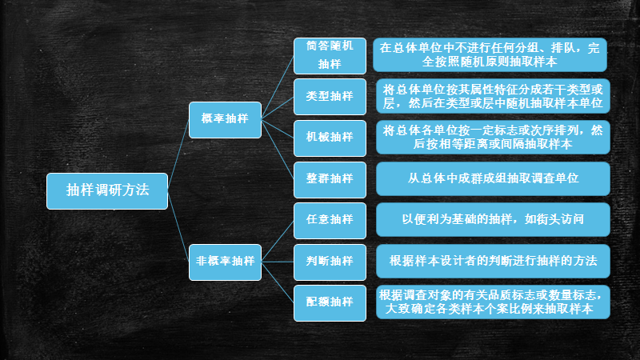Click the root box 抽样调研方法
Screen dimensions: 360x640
tap(107, 190)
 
